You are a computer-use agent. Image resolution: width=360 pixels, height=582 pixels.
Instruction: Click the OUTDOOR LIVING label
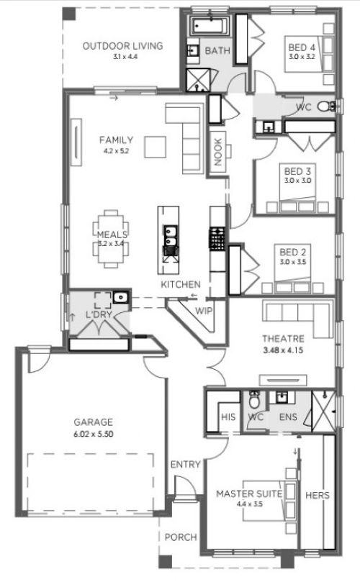point(122,46)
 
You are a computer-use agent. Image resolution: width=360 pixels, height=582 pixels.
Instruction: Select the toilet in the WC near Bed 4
point(326,106)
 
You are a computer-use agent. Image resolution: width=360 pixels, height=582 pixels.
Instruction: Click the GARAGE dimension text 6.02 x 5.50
point(94,434)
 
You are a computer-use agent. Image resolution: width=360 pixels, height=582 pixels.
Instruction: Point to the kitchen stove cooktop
point(217,238)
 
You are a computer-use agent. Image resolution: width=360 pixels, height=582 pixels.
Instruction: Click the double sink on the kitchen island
point(171,237)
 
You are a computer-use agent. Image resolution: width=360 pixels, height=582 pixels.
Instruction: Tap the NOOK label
point(218,152)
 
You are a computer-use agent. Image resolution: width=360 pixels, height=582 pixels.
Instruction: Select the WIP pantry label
point(204,311)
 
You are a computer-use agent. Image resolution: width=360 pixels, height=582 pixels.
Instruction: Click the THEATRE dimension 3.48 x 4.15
point(283,350)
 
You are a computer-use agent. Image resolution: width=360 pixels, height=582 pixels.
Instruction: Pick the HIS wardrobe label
point(228,417)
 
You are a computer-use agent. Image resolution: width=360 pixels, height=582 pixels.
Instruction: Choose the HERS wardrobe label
point(318,495)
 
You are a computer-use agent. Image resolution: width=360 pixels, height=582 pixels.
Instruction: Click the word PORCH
point(181,537)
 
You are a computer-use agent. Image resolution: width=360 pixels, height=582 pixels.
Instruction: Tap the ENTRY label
point(185,464)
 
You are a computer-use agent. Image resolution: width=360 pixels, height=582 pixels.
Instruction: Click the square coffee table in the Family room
point(156,147)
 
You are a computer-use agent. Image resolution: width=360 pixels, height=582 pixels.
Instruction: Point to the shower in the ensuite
point(323,411)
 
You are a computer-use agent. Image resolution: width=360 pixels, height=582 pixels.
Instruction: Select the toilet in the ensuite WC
point(254,400)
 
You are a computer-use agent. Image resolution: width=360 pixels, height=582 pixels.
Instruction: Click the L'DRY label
point(99,315)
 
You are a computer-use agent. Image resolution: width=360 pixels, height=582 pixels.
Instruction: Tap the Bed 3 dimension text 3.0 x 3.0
point(297,181)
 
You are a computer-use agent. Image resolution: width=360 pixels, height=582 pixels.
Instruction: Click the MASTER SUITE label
point(249,494)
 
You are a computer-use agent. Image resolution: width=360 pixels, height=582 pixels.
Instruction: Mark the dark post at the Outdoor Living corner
point(68,14)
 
